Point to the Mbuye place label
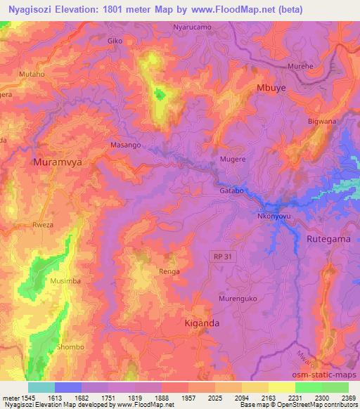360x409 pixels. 271,89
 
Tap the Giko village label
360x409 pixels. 115,41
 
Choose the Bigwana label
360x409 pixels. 322,122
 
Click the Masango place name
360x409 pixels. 126,145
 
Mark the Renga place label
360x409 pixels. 169,271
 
